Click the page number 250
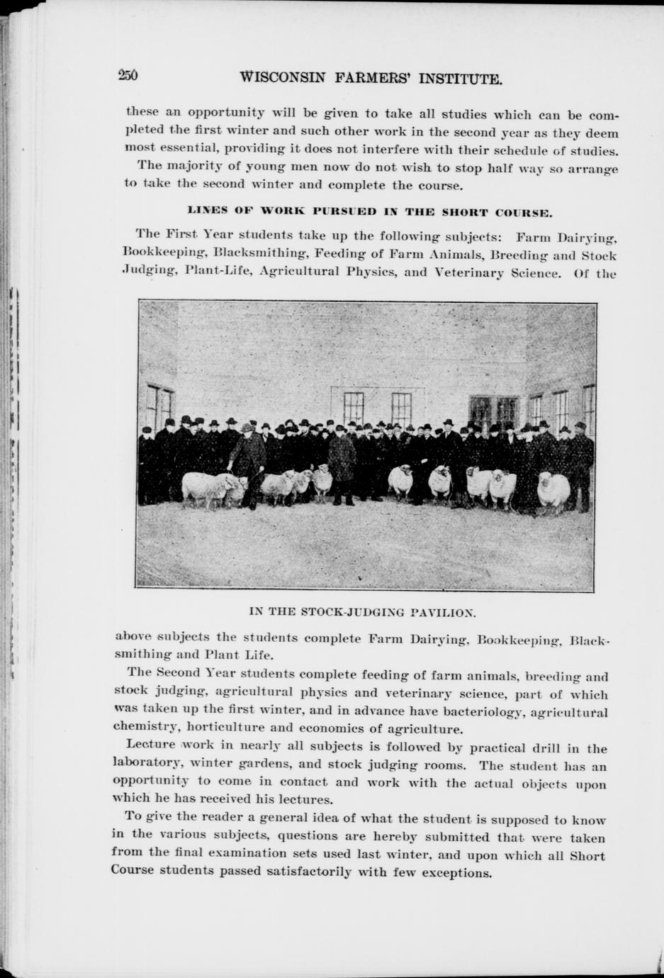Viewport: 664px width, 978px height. pos(128,76)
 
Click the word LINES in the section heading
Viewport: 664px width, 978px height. pos(204,211)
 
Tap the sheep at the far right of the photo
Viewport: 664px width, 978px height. pos(553,489)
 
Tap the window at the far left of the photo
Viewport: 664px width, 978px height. pos(159,409)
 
